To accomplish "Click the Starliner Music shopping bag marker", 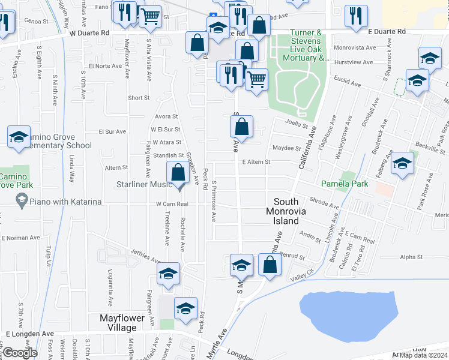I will click(x=178, y=173).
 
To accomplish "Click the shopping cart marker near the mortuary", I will click(x=257, y=79).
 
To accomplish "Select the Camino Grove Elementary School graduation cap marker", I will click(x=19, y=137).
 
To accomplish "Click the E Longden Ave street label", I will click(x=30, y=334).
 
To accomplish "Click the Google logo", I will click(x=20, y=353).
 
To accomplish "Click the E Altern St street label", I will click(x=256, y=162).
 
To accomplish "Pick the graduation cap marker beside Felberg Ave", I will click(x=402, y=164).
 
